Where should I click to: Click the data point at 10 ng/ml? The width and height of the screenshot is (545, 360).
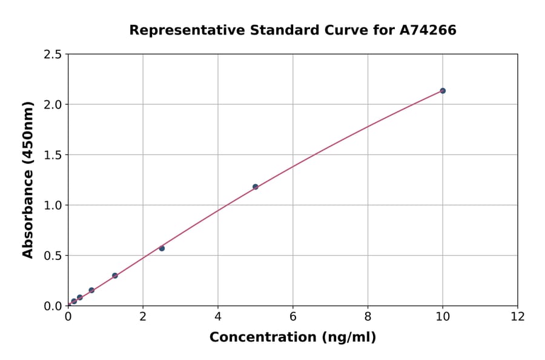[x=443, y=91]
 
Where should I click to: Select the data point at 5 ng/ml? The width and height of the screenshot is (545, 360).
[x=256, y=187]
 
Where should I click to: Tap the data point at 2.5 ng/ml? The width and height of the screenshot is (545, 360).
[x=162, y=248]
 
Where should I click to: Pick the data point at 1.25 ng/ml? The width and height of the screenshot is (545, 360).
[x=115, y=276]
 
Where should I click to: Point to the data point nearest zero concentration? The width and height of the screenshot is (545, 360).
[x=74, y=301]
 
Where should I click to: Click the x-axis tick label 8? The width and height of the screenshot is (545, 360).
[x=368, y=316]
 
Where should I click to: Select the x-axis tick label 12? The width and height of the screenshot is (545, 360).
[x=518, y=316]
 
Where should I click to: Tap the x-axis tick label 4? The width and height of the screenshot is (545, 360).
[x=218, y=316]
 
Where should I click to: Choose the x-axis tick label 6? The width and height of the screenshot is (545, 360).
[x=293, y=316]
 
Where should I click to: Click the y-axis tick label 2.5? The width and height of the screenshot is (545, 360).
[x=52, y=55]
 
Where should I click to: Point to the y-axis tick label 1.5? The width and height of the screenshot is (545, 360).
[x=52, y=155]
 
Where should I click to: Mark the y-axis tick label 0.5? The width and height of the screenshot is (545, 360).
[x=52, y=256]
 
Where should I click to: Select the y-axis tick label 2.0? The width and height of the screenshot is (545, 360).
[x=52, y=105]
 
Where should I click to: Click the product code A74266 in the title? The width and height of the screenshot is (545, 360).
[x=428, y=30]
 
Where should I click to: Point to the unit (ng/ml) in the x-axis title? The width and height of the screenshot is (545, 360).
[x=348, y=338]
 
